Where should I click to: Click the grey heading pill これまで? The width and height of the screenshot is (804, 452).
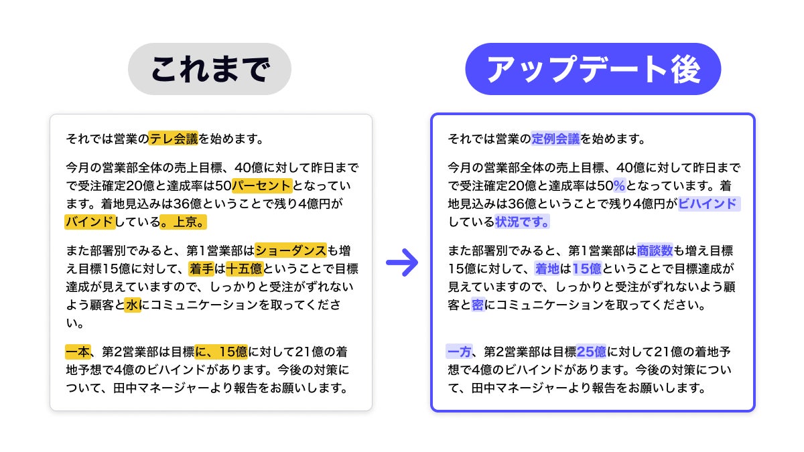pos(210,69)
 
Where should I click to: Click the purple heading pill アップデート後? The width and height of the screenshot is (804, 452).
pos(593,69)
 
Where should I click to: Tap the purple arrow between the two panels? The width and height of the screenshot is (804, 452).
pos(402,263)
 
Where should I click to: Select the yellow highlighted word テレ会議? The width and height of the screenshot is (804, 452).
pos(174,139)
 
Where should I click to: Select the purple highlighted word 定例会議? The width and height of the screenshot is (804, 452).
pos(555,139)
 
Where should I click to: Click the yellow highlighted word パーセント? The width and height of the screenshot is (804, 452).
pos(262,185)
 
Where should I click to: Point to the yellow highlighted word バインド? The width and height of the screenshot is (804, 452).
pos(89,221)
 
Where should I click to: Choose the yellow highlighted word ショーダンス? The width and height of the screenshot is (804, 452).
pos(291,251)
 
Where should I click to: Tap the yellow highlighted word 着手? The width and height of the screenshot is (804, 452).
pos(201,269)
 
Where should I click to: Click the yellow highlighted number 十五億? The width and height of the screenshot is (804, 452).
pos(244,269)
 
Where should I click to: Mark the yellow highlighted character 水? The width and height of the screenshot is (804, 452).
pos(133,305)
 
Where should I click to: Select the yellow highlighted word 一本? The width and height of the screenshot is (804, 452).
pos(77,352)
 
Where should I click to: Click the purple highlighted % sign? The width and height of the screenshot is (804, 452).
pos(620,185)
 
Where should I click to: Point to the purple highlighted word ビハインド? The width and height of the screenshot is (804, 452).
pos(708,204)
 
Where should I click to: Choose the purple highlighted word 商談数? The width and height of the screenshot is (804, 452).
pos(655,251)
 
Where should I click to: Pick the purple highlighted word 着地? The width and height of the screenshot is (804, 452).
pos(547,269)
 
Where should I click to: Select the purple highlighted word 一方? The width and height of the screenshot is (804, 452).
pos(459,352)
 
